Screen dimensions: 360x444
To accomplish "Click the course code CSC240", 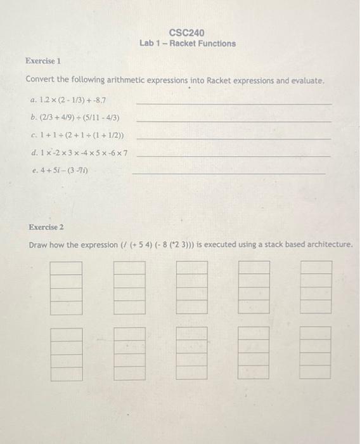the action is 187,32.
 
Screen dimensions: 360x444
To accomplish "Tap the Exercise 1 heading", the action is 43,61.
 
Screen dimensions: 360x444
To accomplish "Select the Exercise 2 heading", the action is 46,226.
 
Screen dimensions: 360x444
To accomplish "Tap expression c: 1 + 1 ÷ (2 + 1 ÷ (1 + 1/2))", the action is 81,135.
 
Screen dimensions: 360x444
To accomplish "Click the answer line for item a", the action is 233,103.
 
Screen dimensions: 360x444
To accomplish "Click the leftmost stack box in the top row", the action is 67,287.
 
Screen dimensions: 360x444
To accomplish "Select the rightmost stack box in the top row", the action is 316,287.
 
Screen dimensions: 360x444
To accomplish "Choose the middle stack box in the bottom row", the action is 191,353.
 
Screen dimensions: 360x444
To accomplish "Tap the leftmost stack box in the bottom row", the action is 67,353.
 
